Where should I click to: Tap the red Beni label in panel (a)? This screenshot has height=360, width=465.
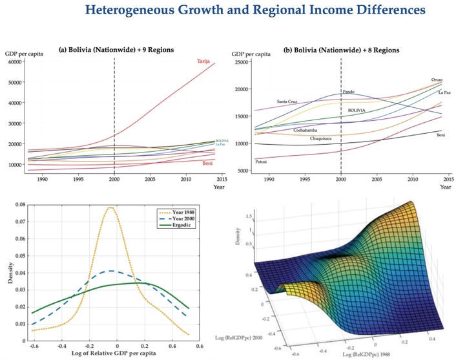pyautogui.click(x=208, y=164)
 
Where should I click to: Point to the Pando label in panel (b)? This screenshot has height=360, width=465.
pyautogui.click(x=349, y=92)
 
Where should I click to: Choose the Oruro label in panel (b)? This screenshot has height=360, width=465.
pyautogui.click(x=437, y=79)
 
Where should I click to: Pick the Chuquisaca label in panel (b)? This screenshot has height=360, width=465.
pyautogui.click(x=321, y=138)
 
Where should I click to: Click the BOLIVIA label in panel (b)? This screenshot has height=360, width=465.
pyautogui.click(x=356, y=111)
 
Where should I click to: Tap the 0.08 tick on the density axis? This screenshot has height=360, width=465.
pyautogui.click(x=19, y=205)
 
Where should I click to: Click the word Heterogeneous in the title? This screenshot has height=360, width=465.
pyautogui.click(x=129, y=11)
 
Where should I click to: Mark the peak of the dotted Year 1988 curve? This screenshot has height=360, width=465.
pyautogui.click(x=112, y=207)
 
